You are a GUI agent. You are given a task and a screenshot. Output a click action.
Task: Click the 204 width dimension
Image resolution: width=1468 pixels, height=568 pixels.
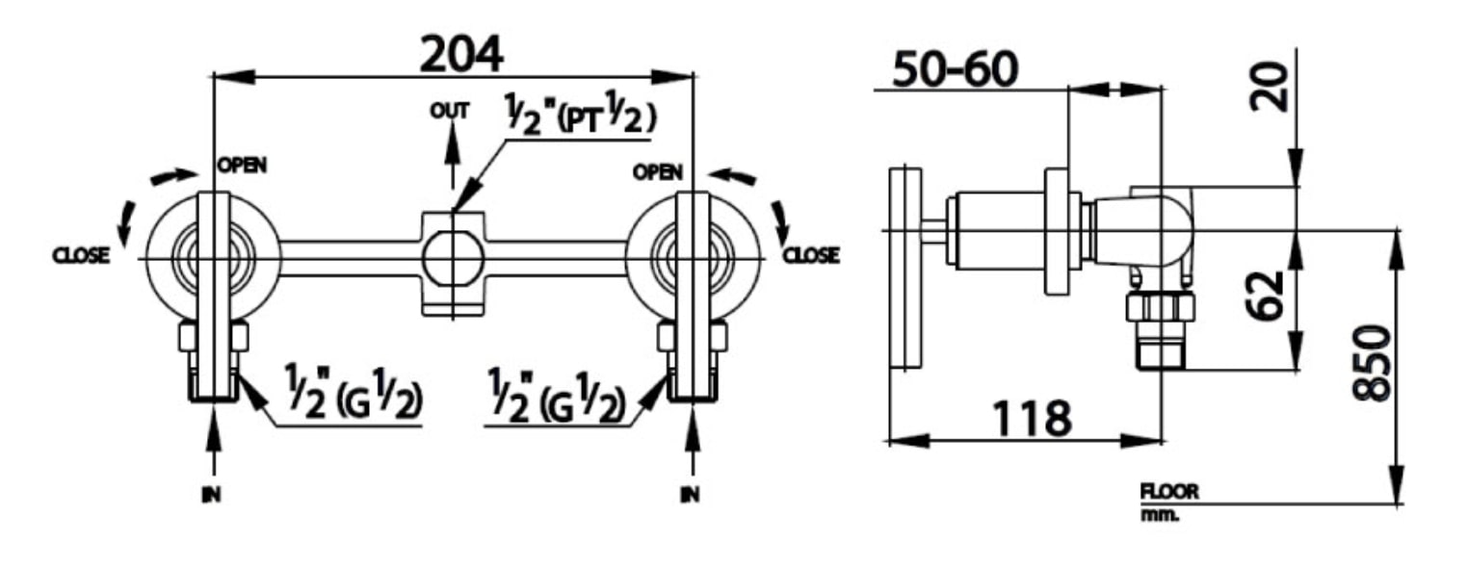461,55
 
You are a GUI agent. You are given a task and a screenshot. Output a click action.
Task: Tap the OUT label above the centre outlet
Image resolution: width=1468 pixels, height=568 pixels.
450,111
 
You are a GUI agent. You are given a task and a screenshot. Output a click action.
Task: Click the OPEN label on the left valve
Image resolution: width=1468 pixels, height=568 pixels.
242,165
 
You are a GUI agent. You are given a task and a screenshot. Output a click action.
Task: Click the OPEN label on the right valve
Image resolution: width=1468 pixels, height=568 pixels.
658,172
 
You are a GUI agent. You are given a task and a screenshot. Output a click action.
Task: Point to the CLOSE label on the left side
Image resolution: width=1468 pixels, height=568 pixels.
81,256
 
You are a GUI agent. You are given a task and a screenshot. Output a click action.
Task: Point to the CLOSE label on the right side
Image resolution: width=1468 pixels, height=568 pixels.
810,256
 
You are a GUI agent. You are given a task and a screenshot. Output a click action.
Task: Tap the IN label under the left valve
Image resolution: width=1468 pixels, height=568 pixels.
211,495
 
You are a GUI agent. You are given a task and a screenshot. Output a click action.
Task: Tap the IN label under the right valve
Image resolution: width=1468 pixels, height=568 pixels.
690,495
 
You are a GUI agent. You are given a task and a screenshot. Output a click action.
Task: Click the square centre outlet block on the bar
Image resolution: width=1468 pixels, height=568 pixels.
452,261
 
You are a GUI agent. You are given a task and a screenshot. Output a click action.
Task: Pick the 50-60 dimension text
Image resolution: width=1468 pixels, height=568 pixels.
955,69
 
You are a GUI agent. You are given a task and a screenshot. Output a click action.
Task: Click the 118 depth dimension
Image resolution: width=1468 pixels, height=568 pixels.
1032,419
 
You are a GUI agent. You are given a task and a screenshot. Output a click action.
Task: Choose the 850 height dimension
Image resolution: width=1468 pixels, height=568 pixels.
1372,364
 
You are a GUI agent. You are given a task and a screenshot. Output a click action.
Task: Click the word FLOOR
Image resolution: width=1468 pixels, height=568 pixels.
1169,492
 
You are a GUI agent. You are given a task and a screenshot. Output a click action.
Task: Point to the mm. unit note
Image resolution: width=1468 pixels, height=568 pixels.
1160,514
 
